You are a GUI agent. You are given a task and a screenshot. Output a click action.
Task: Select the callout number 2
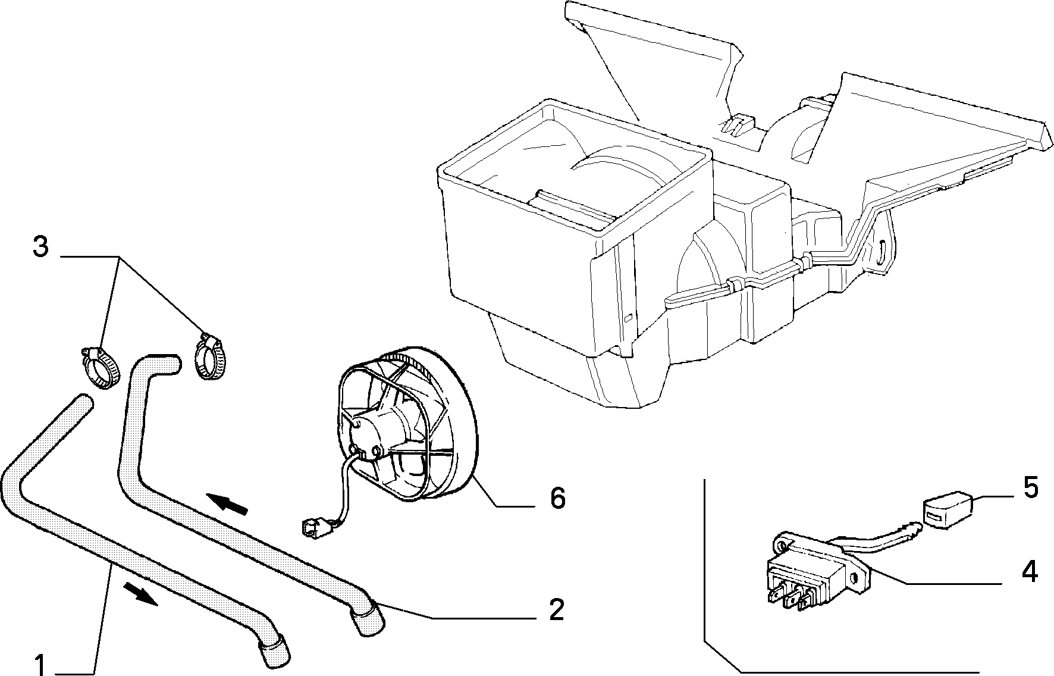click(x=556, y=609)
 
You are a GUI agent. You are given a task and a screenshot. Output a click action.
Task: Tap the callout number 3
click(x=40, y=247)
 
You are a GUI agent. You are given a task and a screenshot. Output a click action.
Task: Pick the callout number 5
click(x=1031, y=488)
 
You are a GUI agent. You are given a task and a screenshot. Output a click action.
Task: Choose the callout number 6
click(x=557, y=499)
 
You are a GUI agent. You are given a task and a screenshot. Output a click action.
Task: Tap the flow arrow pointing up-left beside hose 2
click(x=227, y=503)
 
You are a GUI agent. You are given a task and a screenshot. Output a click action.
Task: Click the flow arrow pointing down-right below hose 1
click(x=140, y=594)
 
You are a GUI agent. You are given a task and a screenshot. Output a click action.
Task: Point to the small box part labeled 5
click(x=947, y=509)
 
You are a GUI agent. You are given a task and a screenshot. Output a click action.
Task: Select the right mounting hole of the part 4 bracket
click(x=855, y=578)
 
